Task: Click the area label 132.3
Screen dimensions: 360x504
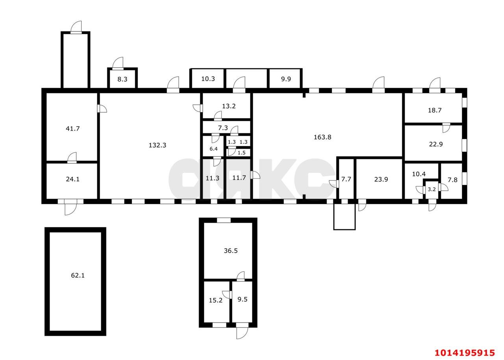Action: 157,145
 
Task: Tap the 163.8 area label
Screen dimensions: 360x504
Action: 322,137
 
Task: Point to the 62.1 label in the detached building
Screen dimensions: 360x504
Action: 78,275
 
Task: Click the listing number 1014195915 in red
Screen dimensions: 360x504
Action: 464,352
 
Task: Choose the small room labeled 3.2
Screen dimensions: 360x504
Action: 432,189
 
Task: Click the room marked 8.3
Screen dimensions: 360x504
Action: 122,79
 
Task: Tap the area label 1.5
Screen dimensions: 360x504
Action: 241,153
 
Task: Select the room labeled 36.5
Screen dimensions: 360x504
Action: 230,251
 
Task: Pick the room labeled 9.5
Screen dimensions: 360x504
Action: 243,299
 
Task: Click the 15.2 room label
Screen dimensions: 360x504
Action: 215,300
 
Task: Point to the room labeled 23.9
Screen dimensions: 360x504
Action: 381,179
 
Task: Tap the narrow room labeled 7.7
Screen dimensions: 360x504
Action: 346,179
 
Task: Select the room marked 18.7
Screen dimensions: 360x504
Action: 435,111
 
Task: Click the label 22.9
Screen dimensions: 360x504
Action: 435,144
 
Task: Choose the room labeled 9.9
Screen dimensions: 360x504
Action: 285,79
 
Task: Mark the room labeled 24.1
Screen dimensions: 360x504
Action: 72,179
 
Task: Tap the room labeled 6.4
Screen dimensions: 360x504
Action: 213,149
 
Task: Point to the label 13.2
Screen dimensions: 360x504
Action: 229,106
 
